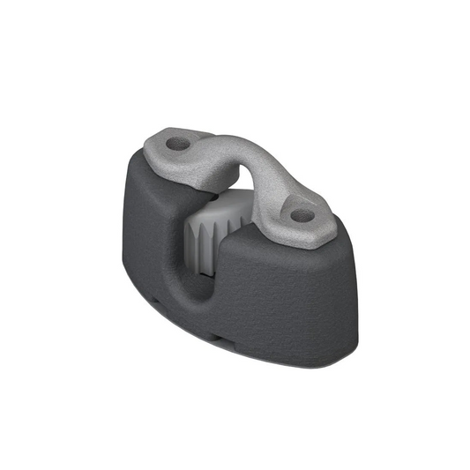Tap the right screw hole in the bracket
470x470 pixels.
[x=303, y=214]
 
